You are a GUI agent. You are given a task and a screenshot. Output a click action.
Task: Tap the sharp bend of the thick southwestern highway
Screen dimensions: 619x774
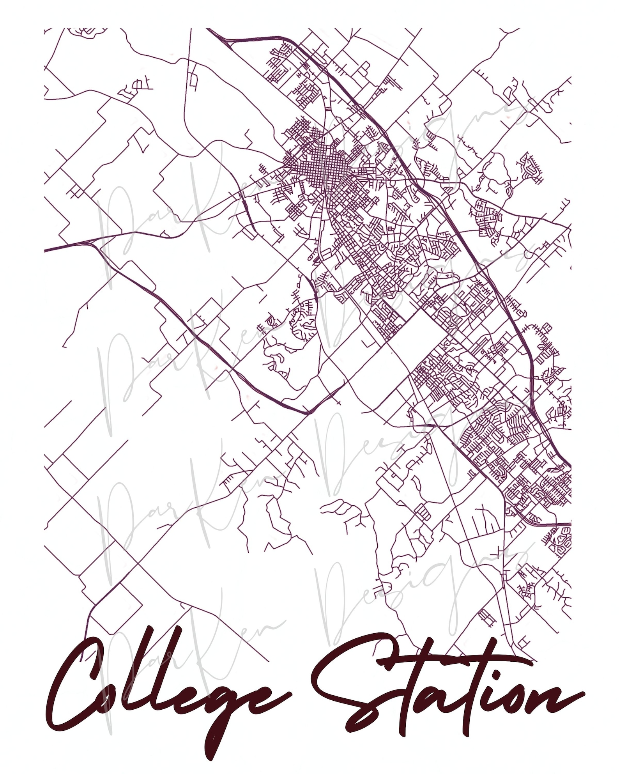point(308,411)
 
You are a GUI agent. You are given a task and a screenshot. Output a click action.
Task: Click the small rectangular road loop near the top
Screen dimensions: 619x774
point(193,80)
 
